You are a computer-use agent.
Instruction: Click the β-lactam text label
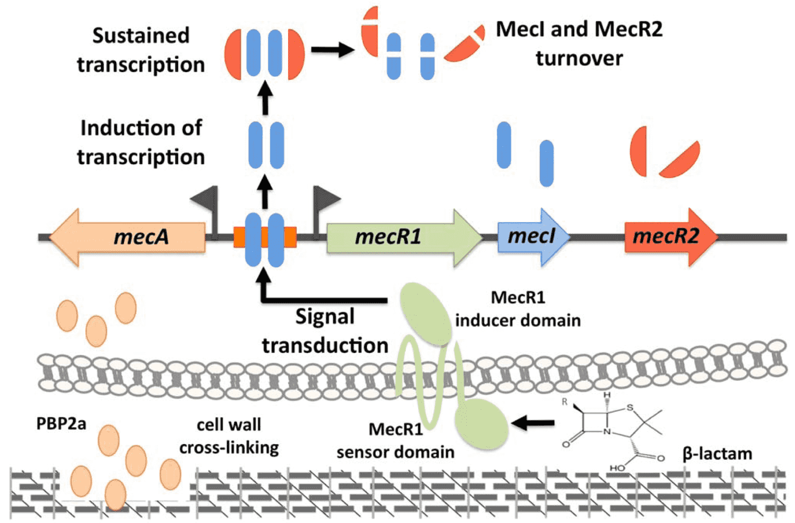click(717, 454)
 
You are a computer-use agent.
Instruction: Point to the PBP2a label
click(61, 424)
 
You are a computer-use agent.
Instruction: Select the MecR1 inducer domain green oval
click(425, 314)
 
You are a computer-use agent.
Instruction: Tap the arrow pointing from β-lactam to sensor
click(533, 423)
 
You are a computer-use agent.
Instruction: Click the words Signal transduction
click(325, 331)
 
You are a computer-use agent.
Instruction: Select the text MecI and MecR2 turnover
click(579, 44)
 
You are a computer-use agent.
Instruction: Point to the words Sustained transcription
click(141, 50)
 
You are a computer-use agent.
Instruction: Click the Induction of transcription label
click(141, 142)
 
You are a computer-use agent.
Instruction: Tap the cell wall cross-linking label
click(229, 436)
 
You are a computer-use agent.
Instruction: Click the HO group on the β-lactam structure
click(617, 468)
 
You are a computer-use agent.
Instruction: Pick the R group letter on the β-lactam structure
click(565, 401)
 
